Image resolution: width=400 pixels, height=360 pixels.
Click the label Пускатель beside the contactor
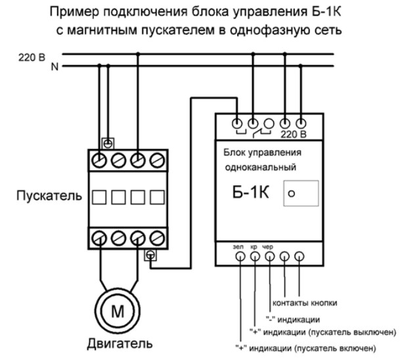[51, 196]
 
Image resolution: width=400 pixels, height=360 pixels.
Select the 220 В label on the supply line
[32, 57]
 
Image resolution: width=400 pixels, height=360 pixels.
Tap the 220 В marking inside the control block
[293, 134]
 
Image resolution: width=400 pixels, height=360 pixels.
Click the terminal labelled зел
[238, 257]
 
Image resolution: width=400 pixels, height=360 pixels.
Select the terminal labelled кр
[254, 257]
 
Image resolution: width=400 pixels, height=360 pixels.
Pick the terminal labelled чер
[269, 257]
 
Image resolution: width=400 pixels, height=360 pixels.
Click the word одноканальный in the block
[259, 168]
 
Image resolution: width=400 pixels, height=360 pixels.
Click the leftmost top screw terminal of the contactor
[99, 160]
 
